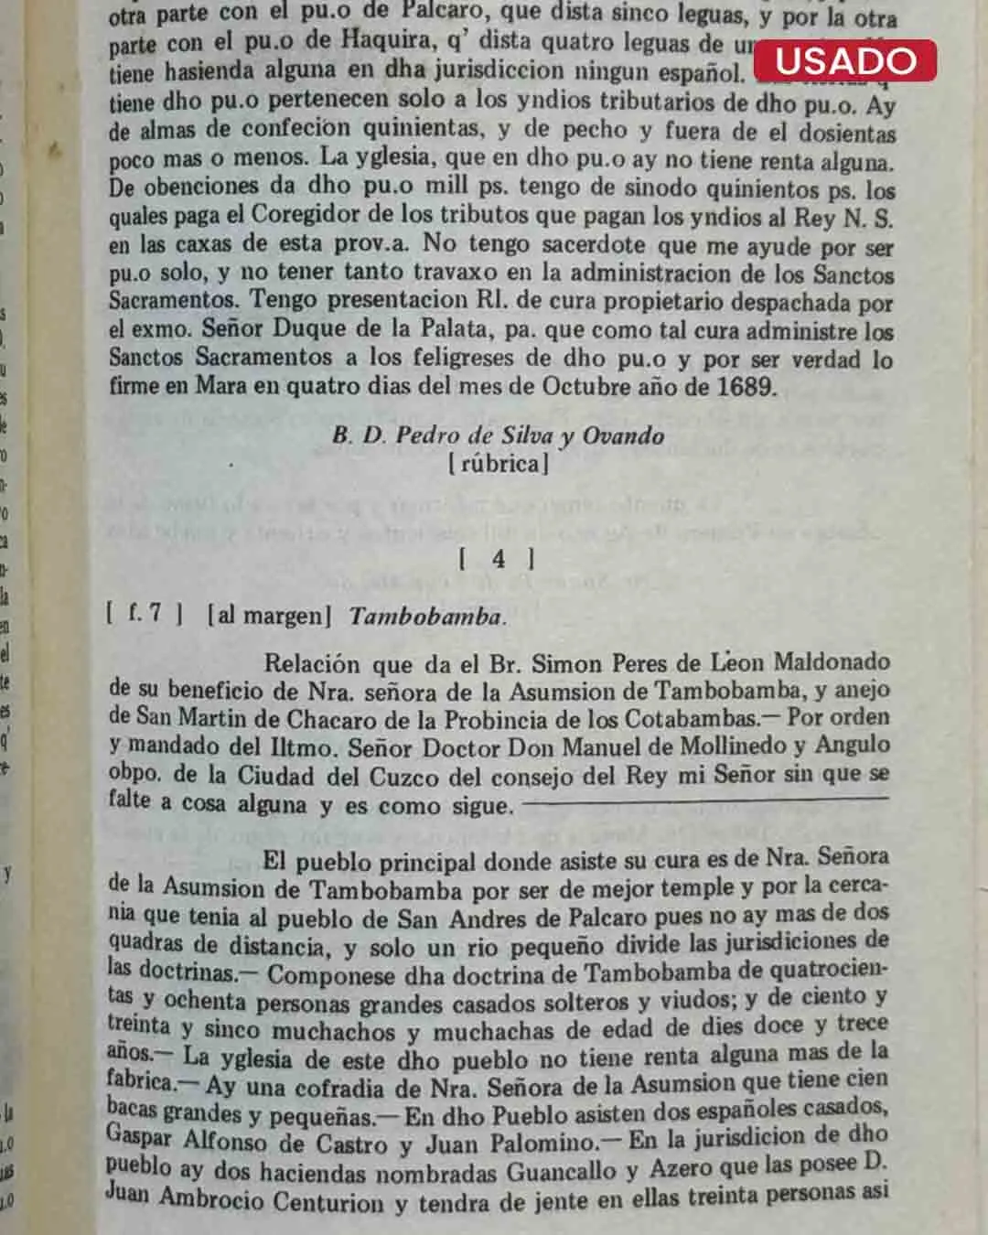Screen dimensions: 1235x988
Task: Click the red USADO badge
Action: tap(844, 60)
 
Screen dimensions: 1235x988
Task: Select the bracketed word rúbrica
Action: tap(499, 464)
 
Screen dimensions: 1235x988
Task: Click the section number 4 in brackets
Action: tap(498, 559)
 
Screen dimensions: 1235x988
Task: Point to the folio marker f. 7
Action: tap(144, 613)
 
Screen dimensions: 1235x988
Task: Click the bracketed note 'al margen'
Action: tap(269, 615)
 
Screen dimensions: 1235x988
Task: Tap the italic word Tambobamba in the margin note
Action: tap(426, 616)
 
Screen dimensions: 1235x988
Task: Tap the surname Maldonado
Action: tap(832, 662)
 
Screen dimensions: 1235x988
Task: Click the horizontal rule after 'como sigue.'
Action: tap(705, 800)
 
